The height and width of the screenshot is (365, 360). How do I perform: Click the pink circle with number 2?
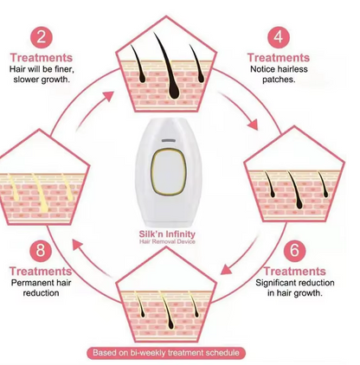pyautogui.click(x=42, y=37)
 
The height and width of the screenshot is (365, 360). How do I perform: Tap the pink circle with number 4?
pyautogui.click(x=279, y=37)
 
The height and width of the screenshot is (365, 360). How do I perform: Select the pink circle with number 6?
pyautogui.click(x=294, y=250)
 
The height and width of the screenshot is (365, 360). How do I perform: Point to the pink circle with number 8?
pyautogui.click(x=41, y=250)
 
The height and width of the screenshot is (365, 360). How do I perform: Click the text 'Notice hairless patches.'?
pyautogui.click(x=279, y=74)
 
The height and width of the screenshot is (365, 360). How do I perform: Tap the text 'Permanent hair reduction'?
pyautogui.click(x=41, y=288)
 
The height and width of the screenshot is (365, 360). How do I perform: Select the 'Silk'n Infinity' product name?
pyautogui.click(x=167, y=234)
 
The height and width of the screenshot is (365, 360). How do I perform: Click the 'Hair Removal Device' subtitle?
pyautogui.click(x=167, y=241)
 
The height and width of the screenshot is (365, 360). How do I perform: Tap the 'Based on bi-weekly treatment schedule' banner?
pyautogui.click(x=166, y=353)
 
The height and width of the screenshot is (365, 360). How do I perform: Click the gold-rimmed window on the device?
pyautogui.click(x=169, y=172)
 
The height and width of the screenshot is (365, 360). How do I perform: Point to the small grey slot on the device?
pyautogui.click(x=169, y=141)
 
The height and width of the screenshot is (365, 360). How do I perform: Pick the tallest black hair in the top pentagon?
pyautogui.click(x=168, y=67)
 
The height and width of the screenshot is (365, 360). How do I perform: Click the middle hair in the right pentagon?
pyautogui.click(x=295, y=189)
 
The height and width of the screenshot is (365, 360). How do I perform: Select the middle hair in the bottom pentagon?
pyautogui.click(x=167, y=311)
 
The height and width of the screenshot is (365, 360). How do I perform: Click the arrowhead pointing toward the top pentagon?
pyautogui.click(x=107, y=97)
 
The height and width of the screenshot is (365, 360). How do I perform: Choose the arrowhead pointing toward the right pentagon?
pyautogui.click(x=253, y=124)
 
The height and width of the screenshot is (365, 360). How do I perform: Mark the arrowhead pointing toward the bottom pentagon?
pyautogui.click(x=227, y=269)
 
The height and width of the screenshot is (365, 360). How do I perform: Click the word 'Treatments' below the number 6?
pyautogui.click(x=295, y=272)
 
